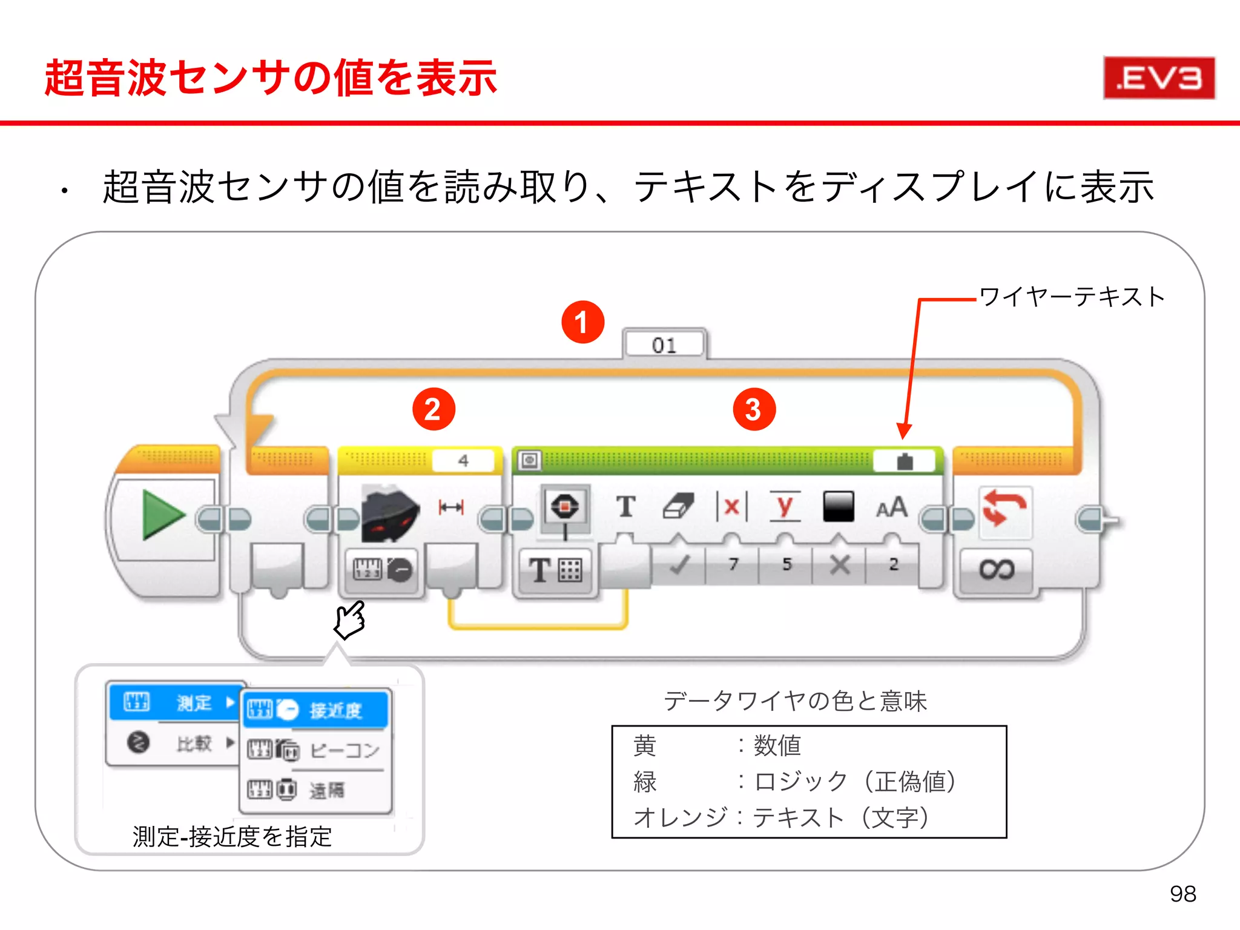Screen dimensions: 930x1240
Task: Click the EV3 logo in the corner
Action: coord(1159,78)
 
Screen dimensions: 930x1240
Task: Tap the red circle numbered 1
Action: coord(582,322)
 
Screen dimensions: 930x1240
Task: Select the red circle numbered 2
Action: coord(434,409)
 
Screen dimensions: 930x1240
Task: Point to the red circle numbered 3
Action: coord(754,409)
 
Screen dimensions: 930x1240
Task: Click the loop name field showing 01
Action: coord(664,345)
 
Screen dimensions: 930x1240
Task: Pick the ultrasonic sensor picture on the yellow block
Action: coord(389,513)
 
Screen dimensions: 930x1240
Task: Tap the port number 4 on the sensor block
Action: coord(463,461)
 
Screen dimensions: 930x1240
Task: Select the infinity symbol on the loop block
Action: coord(996,569)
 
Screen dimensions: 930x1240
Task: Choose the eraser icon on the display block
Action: coord(678,506)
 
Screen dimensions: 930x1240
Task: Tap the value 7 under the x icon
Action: coord(733,564)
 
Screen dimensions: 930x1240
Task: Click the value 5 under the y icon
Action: coord(787,564)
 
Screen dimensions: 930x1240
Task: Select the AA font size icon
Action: coord(891,507)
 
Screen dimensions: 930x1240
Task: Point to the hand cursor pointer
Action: coord(351,619)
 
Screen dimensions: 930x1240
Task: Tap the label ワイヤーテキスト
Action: coord(1071,297)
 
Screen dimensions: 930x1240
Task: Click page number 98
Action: coord(1182,894)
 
